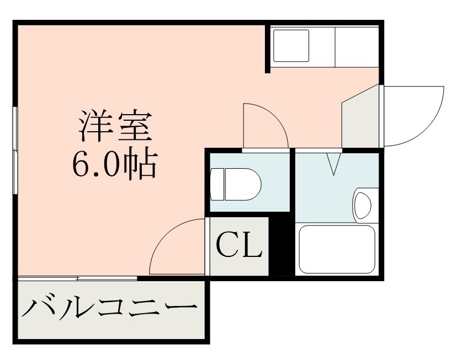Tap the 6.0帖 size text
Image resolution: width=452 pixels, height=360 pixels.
pos(114,163)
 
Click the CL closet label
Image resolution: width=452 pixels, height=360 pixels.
pos(238,245)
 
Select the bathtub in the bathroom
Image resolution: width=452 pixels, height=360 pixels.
pos(336,249)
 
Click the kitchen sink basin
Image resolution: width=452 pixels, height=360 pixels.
pos(291,46)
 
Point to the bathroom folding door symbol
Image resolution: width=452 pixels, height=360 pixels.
pos(334,163)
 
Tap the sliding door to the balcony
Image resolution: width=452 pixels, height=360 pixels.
pos(77,278)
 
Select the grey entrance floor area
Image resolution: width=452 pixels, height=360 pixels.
pos(360,119)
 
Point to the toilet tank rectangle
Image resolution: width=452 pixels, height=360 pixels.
pos(217,184)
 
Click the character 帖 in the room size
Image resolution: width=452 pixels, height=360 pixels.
pos(142,163)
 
